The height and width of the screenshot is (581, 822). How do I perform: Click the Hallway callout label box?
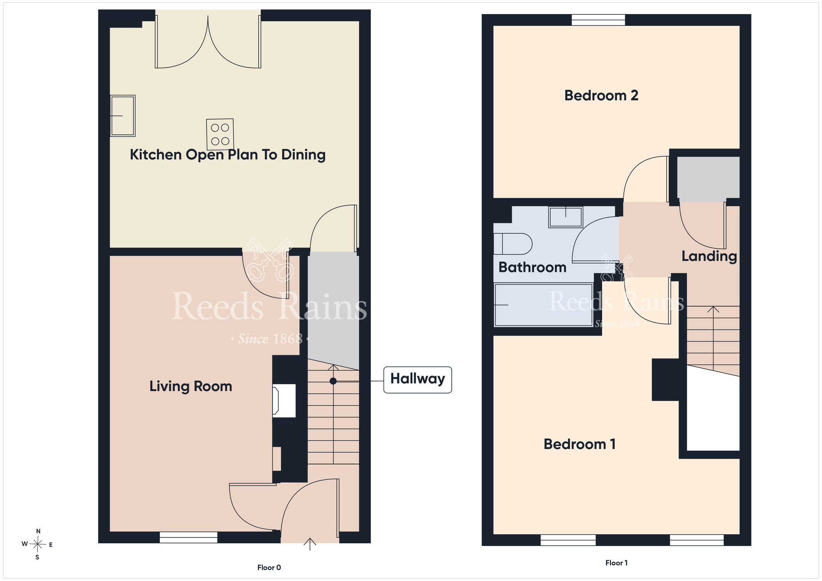coord(418,380)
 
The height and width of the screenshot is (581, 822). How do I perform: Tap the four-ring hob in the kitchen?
coord(220,134)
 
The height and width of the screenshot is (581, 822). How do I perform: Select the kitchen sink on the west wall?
coord(122,116)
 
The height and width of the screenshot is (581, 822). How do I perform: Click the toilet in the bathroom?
coord(513,244)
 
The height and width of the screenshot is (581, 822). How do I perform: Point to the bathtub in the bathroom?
coord(543,305)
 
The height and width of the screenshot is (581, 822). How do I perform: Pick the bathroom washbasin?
coord(566,217)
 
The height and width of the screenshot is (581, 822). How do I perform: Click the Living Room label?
coord(191,386)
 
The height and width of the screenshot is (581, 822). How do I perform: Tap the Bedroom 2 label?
coord(601,95)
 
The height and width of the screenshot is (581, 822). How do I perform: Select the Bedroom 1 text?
coord(580,444)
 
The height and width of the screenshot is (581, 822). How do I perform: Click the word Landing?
coord(709,256)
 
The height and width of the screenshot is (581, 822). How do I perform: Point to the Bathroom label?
coord(532,267)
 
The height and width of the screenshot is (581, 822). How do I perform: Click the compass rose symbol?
coord(38,544)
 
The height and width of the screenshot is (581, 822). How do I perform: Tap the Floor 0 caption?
coord(269,567)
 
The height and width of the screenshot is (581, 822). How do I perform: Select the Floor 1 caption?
coord(616,563)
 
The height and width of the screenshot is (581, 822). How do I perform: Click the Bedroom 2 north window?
coord(598,20)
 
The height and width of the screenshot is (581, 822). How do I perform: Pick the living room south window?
coord(188,537)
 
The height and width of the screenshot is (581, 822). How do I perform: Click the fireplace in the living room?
coord(284,401)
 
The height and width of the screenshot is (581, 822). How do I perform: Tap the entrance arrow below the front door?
coord(310,544)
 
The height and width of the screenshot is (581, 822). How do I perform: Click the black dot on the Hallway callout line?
coord(333,381)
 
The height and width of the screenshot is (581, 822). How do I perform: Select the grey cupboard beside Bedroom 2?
coord(708,178)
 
